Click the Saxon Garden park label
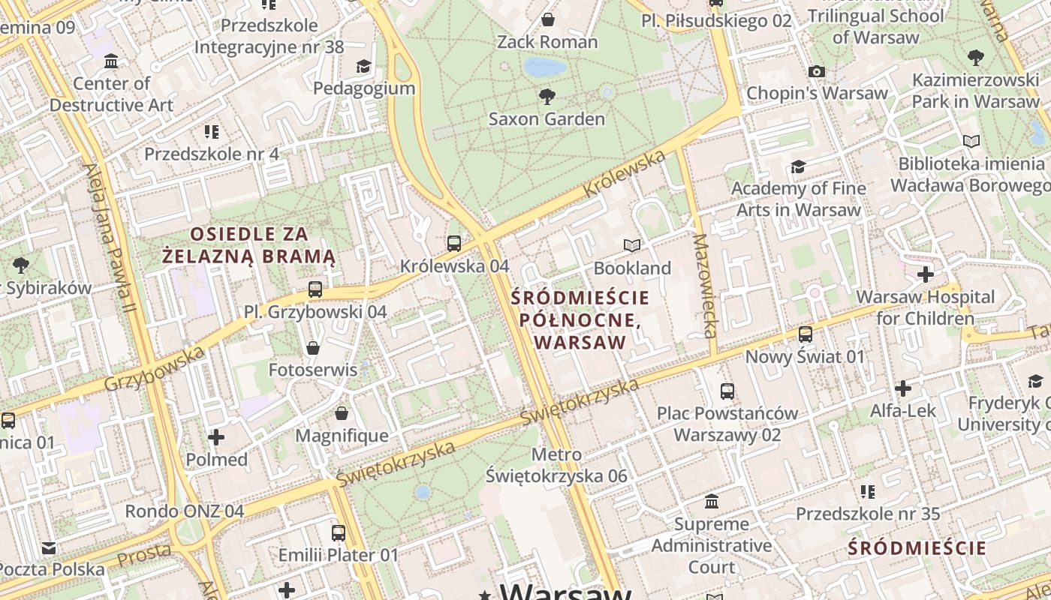coord(547,119)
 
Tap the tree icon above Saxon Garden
coord(547,96)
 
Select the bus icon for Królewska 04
coord(454,243)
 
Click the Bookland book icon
coord(632,245)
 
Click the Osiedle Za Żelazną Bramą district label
coord(249,245)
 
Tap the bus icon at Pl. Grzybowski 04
coord(315,289)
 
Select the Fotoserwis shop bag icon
coord(313,348)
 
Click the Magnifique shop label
coord(342,436)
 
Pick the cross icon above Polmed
coord(216,436)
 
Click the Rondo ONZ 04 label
coord(184,511)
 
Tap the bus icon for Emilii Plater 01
coord(339,533)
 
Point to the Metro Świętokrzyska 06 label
coord(556,465)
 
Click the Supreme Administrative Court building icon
coord(712,501)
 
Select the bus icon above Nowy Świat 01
coord(806,334)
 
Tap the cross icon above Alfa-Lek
coord(903,388)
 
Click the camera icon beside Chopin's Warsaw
coord(817,72)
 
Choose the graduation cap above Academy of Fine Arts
coord(798,166)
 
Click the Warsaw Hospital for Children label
coord(925,307)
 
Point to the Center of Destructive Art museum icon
coord(111,61)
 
